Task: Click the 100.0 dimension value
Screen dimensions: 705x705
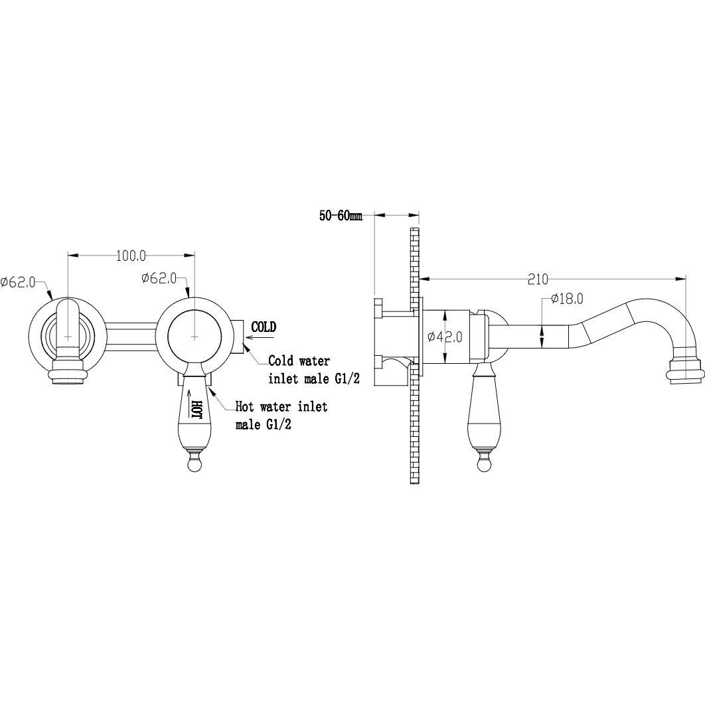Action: [131, 256]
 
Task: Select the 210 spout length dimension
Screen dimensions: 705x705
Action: [538, 279]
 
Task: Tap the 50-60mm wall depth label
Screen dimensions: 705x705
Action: [341, 216]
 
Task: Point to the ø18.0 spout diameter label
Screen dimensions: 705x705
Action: [566, 299]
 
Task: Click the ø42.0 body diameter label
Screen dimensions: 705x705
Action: [445, 337]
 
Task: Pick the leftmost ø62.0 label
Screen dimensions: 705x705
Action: [17, 282]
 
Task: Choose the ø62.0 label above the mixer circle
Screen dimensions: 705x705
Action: [159, 278]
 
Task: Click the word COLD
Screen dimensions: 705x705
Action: [264, 327]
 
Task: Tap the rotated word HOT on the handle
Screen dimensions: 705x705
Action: [196, 409]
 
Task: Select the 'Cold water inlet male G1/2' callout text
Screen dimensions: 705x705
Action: [314, 370]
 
